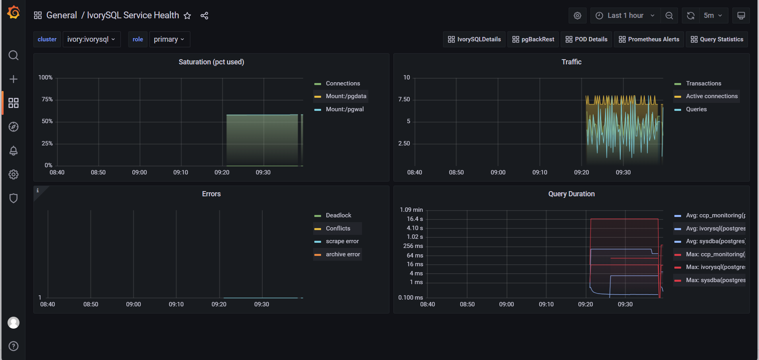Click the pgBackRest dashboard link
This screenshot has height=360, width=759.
533,39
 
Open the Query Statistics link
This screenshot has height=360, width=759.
717,39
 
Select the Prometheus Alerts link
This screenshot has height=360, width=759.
649,39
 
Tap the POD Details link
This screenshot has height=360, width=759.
587,39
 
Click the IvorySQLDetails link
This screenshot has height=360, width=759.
474,39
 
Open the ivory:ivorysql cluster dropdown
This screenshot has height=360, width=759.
91,39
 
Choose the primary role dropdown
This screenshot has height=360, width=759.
169,39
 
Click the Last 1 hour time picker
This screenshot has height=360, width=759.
625,15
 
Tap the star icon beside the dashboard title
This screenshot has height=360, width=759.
188,15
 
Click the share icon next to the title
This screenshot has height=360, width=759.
204,15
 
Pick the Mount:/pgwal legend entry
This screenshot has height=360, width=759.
345,109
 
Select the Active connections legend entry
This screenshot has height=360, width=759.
711,96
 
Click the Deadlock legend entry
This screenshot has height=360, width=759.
338,215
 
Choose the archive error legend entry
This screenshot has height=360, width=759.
343,254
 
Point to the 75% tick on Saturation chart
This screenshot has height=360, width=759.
47,99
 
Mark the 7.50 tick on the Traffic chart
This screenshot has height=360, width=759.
404,99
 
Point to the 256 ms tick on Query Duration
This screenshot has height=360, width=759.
413,246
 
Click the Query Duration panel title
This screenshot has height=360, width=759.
571,194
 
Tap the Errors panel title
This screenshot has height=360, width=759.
211,194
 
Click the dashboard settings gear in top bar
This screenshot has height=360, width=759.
577,15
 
